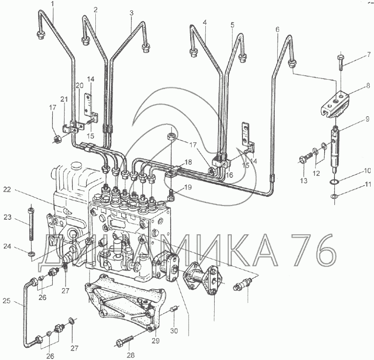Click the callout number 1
pyautogui.click(x=53, y=4)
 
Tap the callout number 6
pyautogui.click(x=277, y=29)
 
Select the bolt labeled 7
pyautogui.click(x=341, y=61)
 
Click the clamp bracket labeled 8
pyautogui.click(x=334, y=104)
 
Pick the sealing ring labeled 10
pyautogui.click(x=334, y=182)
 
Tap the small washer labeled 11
pyautogui.click(x=334, y=196)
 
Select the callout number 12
pyautogui.click(x=316, y=173)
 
